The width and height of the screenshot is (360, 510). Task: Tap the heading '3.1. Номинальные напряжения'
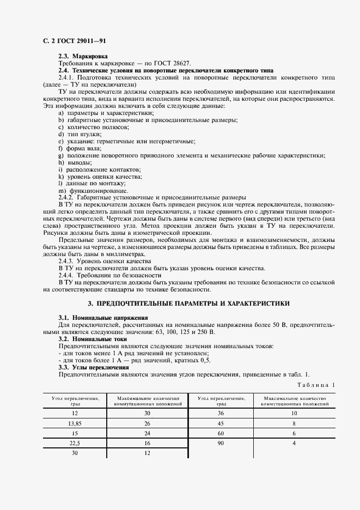(x=103, y=317)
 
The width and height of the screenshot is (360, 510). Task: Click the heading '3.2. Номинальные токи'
(x=93, y=338)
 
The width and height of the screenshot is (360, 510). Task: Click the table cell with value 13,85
(x=75, y=423)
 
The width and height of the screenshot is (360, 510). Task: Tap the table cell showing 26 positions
(x=147, y=423)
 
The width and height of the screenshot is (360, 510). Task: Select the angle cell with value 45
(x=221, y=423)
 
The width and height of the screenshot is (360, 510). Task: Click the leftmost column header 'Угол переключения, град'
(x=75, y=402)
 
